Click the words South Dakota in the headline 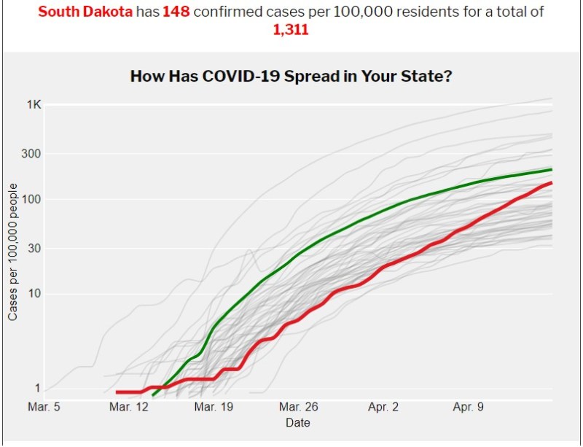(x=85, y=13)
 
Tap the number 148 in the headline (x=176, y=13)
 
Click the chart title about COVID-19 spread (x=291, y=76)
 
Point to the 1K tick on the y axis (x=34, y=105)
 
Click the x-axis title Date (x=297, y=423)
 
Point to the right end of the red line (x=551, y=182)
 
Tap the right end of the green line (x=551, y=169)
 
